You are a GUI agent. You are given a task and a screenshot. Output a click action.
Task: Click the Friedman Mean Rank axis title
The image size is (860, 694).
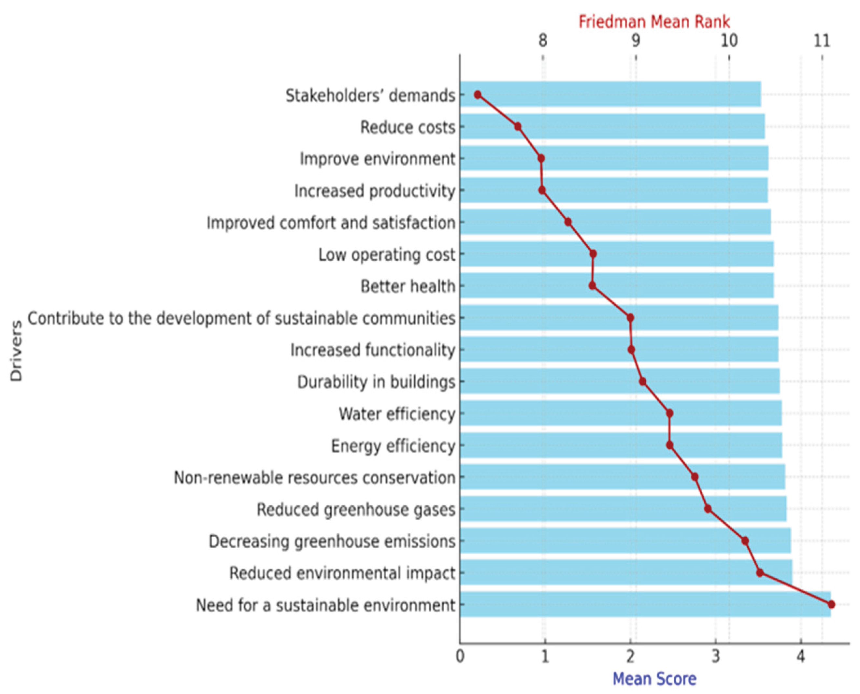coord(654,22)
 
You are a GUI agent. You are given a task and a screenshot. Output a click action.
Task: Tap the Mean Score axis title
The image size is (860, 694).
coord(654,678)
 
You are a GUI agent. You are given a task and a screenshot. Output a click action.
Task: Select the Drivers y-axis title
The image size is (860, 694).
coord(16,351)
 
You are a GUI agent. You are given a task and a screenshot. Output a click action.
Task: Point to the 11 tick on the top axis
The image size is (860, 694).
coord(822,41)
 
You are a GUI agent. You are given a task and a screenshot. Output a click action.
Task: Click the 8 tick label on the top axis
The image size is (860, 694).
coord(542,41)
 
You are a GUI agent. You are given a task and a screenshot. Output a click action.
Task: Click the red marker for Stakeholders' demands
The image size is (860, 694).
coord(478,95)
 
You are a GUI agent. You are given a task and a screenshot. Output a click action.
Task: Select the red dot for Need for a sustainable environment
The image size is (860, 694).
coord(831,604)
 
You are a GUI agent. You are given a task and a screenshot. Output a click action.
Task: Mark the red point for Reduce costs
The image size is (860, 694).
coord(518,127)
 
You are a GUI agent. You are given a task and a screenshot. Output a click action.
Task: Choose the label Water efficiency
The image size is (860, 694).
coord(397,414)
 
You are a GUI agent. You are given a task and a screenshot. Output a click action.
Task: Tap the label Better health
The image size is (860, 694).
coord(408,287)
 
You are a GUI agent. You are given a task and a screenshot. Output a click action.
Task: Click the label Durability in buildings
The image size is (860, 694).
coord(376,382)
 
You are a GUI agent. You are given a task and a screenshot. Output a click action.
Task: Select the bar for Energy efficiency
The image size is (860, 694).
coord(619,445)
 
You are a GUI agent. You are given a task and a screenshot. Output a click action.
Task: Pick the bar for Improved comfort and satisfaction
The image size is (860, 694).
coord(615,222)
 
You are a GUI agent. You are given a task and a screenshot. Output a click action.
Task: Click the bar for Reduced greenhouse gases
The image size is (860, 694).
coord(623,509)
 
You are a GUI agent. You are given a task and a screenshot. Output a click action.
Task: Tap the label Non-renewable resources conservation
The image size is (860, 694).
coord(314,478)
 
